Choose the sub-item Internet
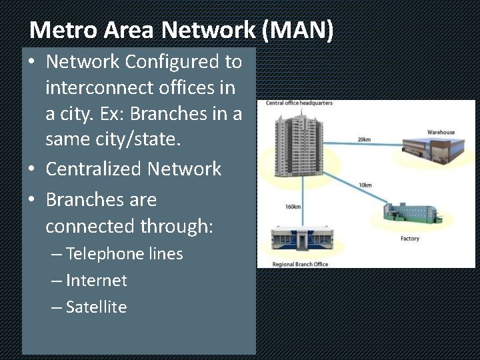(x=96, y=281)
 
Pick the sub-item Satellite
(x=96, y=307)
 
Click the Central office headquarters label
(x=299, y=103)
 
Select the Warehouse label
(x=441, y=133)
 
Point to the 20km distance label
(x=364, y=139)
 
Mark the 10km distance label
(x=365, y=185)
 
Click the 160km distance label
(x=293, y=207)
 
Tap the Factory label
(x=409, y=239)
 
